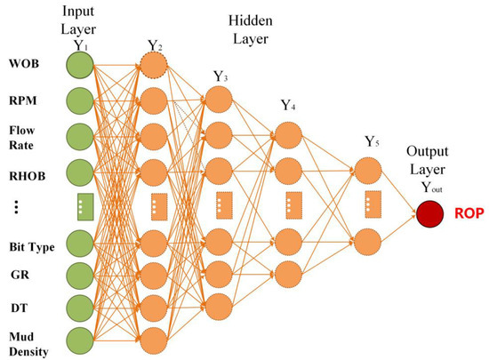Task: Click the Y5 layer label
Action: click(373, 142)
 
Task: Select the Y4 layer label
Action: click(286, 108)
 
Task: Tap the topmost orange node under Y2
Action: click(155, 67)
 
